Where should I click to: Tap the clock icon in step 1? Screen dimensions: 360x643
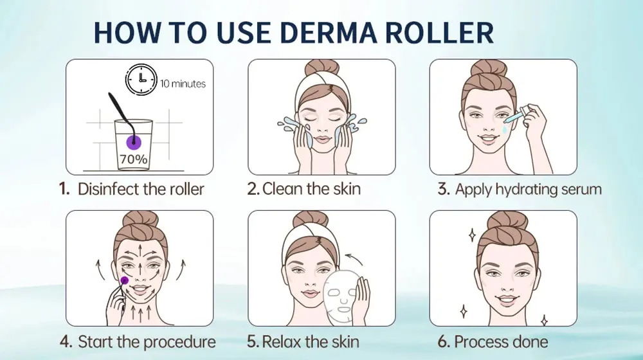(x=140, y=80)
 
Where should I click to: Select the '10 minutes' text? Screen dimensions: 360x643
(x=183, y=84)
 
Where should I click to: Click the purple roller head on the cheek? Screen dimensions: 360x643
(x=124, y=280)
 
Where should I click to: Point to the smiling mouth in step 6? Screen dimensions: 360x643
(x=503, y=300)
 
